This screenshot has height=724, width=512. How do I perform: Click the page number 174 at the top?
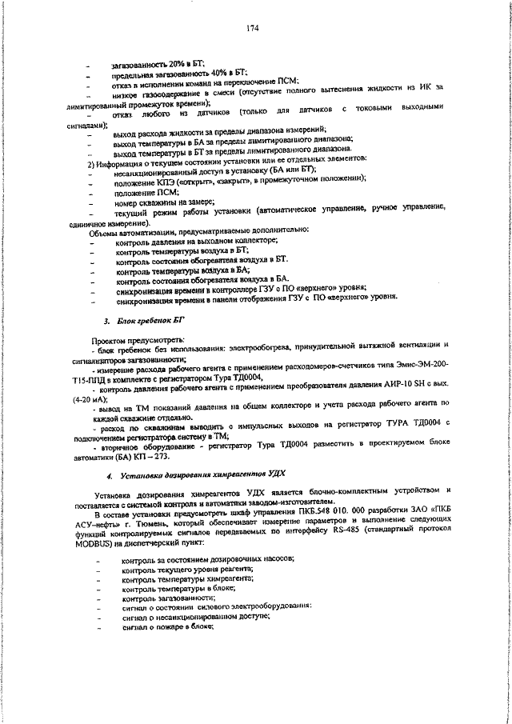coord(253,29)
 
